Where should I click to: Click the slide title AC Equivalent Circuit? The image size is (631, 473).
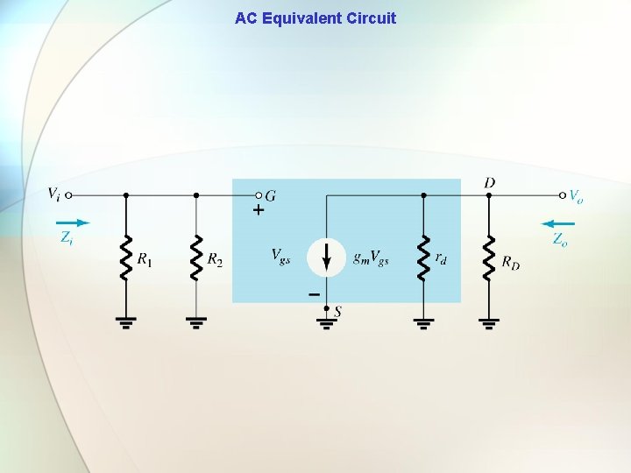pyautogui.click(x=315, y=18)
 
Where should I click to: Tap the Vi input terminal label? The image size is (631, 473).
pyautogui.click(x=53, y=193)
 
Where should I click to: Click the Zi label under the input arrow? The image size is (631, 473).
pyautogui.click(x=67, y=237)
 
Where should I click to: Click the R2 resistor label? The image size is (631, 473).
pyautogui.click(x=215, y=259)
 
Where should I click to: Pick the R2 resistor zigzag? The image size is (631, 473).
pyautogui.click(x=195, y=257)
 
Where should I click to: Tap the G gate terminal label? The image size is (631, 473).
pyautogui.click(x=271, y=196)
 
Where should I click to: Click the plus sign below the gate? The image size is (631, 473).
pyautogui.click(x=259, y=211)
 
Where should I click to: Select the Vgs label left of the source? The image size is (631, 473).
pyautogui.click(x=281, y=256)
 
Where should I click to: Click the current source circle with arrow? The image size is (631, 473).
pyautogui.click(x=326, y=257)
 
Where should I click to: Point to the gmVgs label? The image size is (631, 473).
pyautogui.click(x=371, y=257)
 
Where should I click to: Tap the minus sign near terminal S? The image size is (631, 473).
pyautogui.click(x=314, y=295)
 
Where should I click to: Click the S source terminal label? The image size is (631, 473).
pyautogui.click(x=338, y=311)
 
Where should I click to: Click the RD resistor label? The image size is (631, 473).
pyautogui.click(x=511, y=262)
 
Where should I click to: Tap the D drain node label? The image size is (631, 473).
pyautogui.click(x=489, y=182)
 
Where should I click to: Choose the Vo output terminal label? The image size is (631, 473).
pyautogui.click(x=576, y=197)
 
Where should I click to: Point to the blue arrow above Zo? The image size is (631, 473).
pyautogui.click(x=557, y=222)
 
